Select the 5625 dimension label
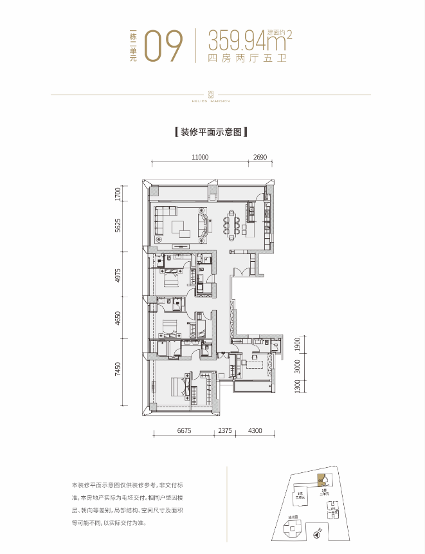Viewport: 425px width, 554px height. (118, 225)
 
